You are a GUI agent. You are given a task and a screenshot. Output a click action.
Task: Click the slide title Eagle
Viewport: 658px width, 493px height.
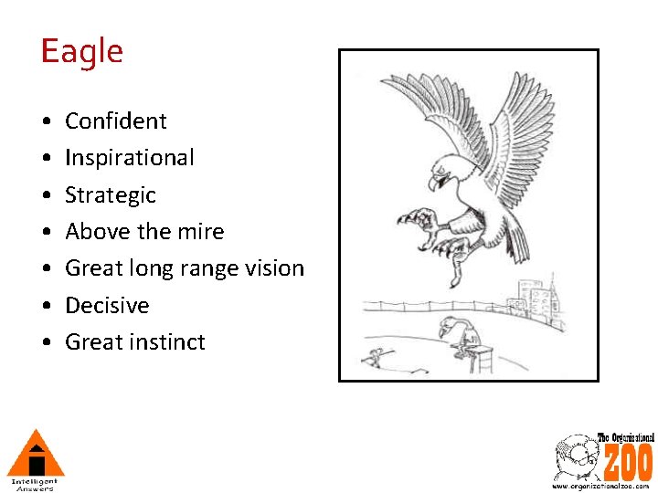click(81, 51)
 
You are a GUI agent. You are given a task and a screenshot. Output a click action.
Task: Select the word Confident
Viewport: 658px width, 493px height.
click(116, 121)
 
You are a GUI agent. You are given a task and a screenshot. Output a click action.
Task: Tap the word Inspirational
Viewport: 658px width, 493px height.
click(130, 158)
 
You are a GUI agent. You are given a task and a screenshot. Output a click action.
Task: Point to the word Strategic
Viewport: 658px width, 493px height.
click(111, 195)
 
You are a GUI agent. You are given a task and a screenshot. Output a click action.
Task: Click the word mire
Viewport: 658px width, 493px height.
click(204, 232)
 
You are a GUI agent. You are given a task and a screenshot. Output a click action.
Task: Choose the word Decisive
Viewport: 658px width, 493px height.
click(107, 305)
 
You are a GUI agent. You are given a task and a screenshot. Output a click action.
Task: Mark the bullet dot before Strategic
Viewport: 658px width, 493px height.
click(45, 195)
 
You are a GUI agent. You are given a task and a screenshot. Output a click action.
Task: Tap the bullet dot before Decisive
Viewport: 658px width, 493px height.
click(45, 306)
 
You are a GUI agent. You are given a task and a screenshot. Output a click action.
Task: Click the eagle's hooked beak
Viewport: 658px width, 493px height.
click(436, 181)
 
